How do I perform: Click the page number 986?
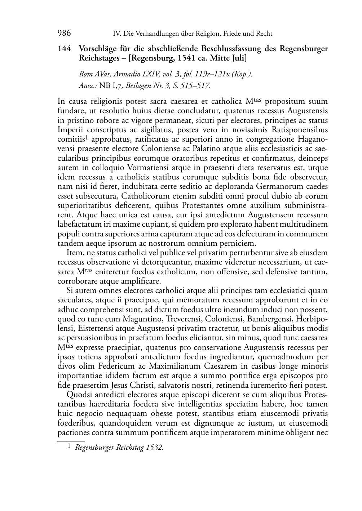(64, 34)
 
